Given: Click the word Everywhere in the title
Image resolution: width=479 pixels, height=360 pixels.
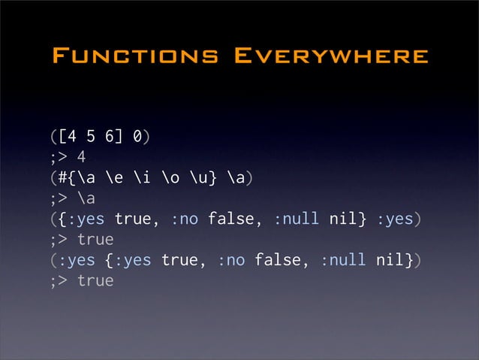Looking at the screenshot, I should coord(331,56).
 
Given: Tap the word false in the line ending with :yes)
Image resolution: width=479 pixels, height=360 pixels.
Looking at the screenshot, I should coord(230,219).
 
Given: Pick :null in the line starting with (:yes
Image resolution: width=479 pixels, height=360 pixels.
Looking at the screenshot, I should coord(342,260).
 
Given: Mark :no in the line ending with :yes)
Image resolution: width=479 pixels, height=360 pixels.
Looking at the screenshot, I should coord(184,219).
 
